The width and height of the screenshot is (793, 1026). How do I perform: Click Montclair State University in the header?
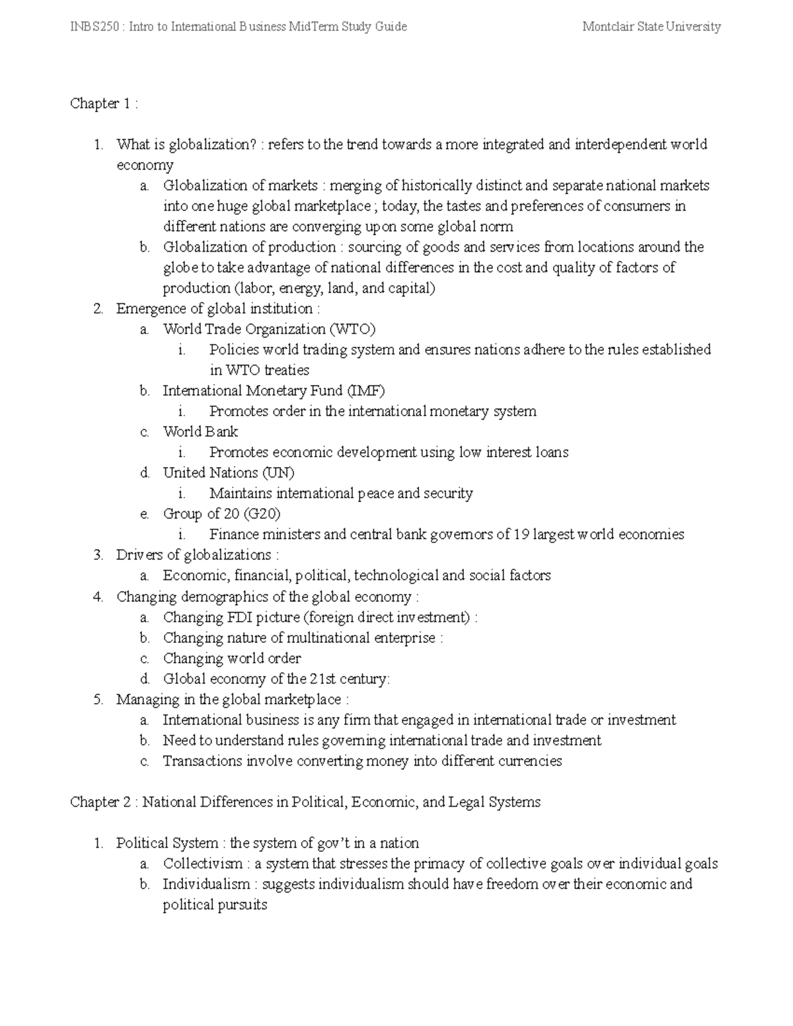click(x=652, y=26)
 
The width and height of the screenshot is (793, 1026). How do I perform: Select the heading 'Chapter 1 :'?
click(x=104, y=104)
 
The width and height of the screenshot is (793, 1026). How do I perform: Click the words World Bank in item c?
click(x=200, y=431)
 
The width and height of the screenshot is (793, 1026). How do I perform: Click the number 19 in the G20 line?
click(x=521, y=534)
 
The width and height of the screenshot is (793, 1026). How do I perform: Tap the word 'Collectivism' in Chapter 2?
click(x=203, y=863)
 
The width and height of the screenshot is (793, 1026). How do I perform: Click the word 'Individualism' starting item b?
click(x=206, y=884)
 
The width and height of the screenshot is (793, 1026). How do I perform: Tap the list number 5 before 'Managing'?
click(x=98, y=699)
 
